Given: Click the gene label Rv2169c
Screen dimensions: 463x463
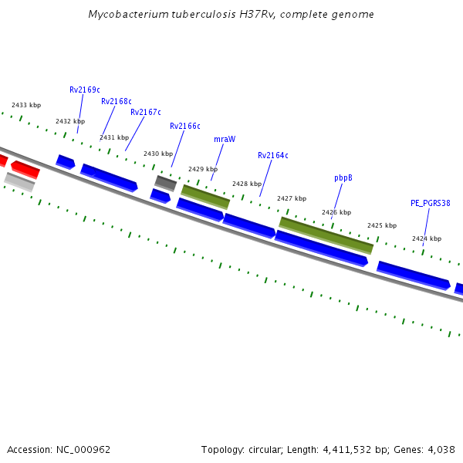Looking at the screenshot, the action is pos(85,90).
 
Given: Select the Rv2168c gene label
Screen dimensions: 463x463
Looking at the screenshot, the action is pos(116,102).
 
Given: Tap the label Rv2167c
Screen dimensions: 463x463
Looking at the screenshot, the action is pos(145,113).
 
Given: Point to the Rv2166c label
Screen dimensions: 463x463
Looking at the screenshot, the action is pos(184,127).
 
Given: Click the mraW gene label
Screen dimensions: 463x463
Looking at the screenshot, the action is pos(225,140).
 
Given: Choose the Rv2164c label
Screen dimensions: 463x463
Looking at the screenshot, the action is pos(272,156).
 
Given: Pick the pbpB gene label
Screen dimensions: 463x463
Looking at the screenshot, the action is pos(343,178).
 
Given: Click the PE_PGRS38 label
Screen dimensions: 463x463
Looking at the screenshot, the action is pos(430,204).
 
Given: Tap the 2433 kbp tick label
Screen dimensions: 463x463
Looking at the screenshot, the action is pos(26,106).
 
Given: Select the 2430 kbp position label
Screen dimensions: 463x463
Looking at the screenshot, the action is pos(158,154).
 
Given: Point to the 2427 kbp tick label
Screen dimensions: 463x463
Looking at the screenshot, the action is pos(292,199).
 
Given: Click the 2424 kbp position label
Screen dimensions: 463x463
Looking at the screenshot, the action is pos(426,239).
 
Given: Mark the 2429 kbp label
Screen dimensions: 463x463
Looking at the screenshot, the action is pos(203,169).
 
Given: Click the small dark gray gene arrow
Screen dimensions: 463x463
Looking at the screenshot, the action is pos(166,183).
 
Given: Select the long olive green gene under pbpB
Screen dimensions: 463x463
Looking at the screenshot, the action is pos(326,235).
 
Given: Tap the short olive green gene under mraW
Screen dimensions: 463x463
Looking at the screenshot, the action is pos(205,196).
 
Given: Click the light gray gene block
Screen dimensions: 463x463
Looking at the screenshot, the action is pos(19,182).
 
